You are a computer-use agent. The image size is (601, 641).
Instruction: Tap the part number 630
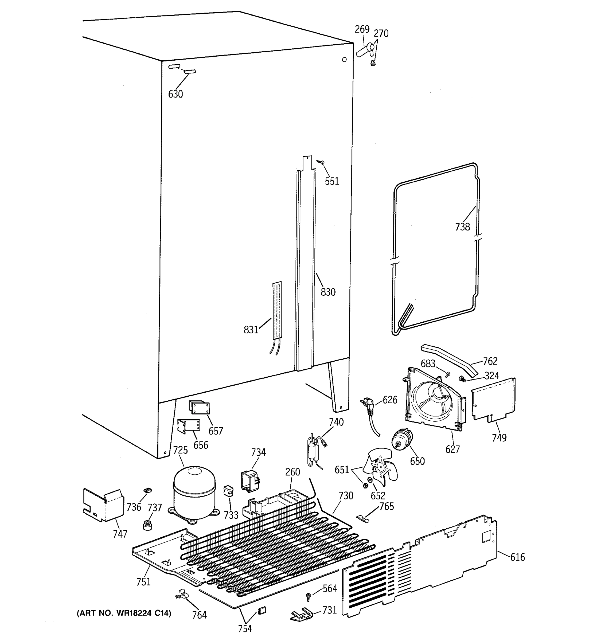(175, 94)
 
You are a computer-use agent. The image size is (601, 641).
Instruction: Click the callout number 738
(462, 227)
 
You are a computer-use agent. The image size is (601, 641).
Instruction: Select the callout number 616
(517, 557)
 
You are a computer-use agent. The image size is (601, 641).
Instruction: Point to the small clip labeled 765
(363, 518)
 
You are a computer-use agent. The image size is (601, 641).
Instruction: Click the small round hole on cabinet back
(344, 60)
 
